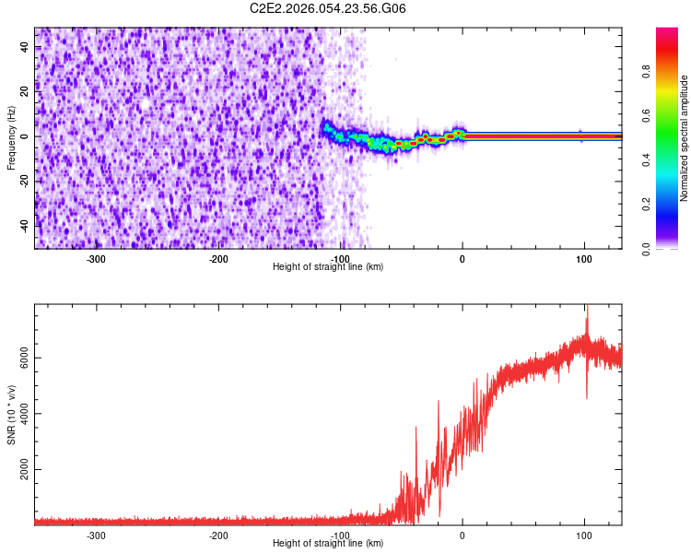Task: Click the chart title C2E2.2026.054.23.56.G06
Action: click(x=328, y=8)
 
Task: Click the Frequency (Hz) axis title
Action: click(x=11, y=136)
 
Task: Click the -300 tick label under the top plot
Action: click(x=97, y=259)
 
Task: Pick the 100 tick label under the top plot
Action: click(x=584, y=259)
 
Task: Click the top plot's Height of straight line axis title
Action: click(x=328, y=267)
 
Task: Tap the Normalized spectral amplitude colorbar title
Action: click(x=685, y=138)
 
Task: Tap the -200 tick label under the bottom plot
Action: click(x=218, y=535)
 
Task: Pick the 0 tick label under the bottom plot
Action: click(x=463, y=535)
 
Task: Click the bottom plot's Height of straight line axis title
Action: click(x=328, y=544)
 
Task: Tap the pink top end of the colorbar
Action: click(x=667, y=33)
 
